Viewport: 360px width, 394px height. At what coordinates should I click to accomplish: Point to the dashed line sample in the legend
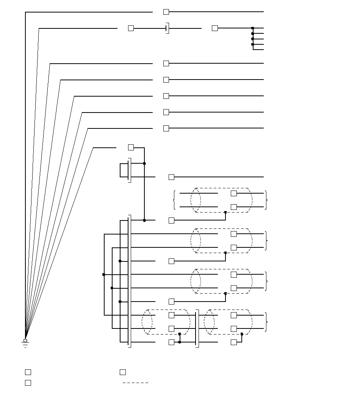[x=135, y=383]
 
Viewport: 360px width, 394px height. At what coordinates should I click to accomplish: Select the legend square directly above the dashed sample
[x=123, y=372]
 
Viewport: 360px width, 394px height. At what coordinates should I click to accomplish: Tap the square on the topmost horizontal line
[x=166, y=12]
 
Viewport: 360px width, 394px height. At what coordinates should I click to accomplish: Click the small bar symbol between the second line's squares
[x=167, y=28]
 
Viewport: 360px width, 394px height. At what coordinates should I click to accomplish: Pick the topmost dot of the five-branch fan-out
[x=253, y=28]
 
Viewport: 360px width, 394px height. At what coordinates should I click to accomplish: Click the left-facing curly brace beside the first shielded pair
[x=174, y=200]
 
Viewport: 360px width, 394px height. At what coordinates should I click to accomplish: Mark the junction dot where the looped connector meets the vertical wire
[x=144, y=163]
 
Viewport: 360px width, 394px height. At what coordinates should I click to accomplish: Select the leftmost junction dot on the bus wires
[x=104, y=274]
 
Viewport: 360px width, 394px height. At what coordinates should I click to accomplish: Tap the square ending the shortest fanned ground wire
[x=131, y=147]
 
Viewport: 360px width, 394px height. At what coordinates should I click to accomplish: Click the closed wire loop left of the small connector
[x=124, y=170]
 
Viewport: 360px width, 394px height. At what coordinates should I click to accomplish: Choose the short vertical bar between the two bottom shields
[x=197, y=328]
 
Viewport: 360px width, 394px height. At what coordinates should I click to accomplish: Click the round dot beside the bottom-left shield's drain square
[x=180, y=342]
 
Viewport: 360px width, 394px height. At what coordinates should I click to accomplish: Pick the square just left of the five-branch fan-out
[x=215, y=28]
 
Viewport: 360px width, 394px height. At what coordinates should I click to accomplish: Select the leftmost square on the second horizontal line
[x=131, y=28]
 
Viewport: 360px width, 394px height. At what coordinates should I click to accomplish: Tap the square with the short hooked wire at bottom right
[x=234, y=342]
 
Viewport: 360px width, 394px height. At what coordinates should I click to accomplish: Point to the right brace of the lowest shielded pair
[x=267, y=322]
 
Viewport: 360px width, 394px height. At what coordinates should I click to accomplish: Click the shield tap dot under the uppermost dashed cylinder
[x=225, y=212]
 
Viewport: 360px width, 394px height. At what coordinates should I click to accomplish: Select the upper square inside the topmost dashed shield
[x=234, y=193]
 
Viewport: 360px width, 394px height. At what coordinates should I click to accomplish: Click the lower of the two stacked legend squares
[x=28, y=383]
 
